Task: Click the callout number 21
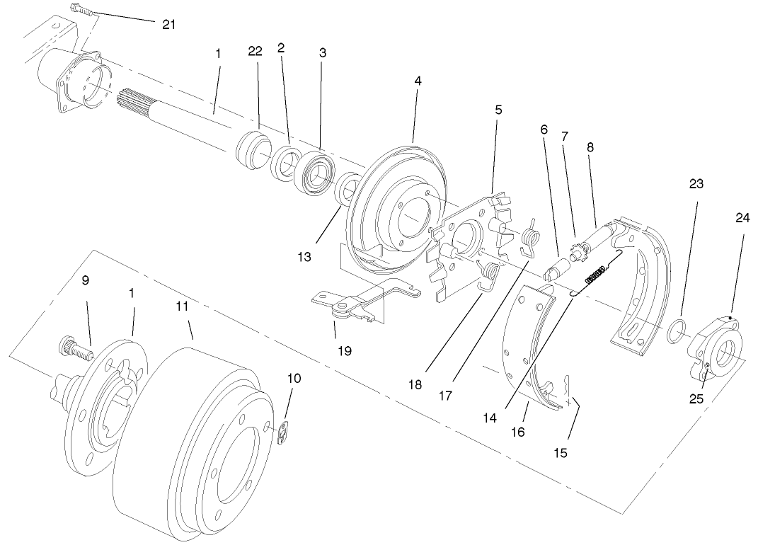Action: tap(168, 24)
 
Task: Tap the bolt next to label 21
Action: tap(81, 11)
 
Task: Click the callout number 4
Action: tap(418, 81)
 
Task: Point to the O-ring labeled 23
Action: tap(677, 329)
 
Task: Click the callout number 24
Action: tap(742, 218)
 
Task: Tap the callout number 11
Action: tap(183, 307)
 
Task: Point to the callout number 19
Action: tap(344, 350)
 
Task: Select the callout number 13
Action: tap(304, 257)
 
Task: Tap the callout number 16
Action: tap(518, 431)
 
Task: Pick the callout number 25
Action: tap(696, 398)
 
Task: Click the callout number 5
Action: tap(498, 110)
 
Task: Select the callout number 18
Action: tap(415, 384)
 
